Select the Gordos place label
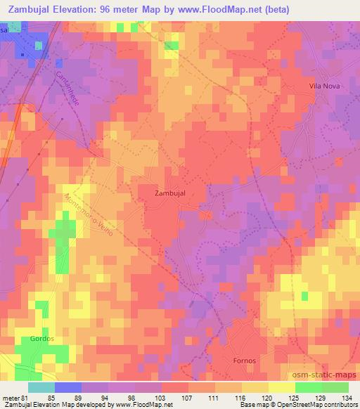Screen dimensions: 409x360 (43, 338)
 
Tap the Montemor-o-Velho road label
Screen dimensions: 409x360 (91, 219)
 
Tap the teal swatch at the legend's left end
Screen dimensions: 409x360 (41, 387)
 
